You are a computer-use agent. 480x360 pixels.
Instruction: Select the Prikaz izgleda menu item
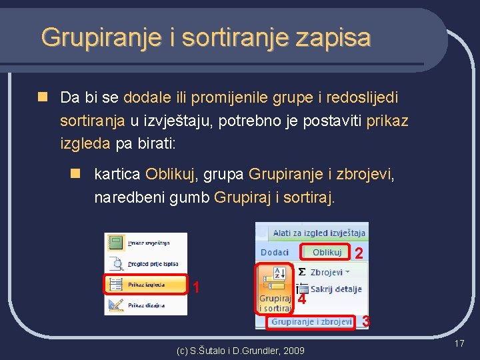pos(145,285)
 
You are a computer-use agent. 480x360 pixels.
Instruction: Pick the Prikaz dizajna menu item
pos(145,305)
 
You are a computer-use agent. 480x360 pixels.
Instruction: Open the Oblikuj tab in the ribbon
pos(327,252)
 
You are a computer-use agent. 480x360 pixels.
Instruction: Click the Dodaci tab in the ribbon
pos(275,252)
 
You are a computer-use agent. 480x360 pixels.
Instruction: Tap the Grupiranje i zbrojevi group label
pos(311,321)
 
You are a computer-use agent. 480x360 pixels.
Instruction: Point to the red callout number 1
pos(196,287)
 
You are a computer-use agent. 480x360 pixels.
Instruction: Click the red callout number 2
pos(359,254)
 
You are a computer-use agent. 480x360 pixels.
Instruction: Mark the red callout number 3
pos(366,322)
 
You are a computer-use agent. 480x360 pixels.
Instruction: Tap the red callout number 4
pos(302,300)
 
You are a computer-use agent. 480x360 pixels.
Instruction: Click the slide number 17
pos(459,343)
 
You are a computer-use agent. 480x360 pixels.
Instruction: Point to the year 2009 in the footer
pos(293,351)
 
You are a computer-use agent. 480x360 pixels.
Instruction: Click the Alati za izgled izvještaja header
pos(319,233)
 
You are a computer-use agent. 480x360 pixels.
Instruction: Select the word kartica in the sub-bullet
pos(117,175)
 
